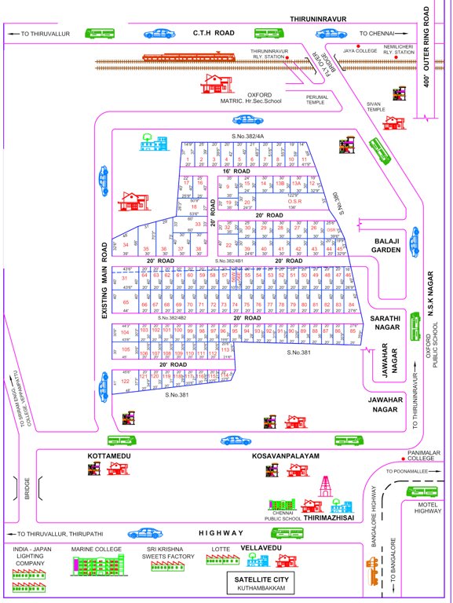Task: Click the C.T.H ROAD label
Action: click(x=214, y=33)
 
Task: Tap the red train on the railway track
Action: click(x=191, y=57)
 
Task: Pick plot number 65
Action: click(x=125, y=301)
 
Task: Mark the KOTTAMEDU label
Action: click(x=108, y=455)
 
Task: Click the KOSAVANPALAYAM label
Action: click(x=285, y=455)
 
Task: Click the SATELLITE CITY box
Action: click(x=258, y=583)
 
